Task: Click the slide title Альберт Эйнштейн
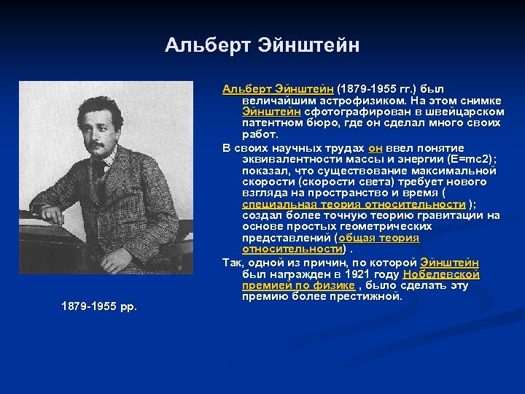(262, 45)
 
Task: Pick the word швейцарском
(466, 111)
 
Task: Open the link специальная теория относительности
(354, 204)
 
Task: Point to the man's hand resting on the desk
(53, 215)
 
